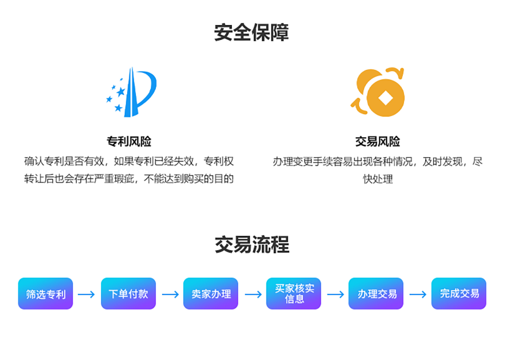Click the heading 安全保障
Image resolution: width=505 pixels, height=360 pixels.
click(252, 32)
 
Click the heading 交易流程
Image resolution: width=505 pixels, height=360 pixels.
click(252, 245)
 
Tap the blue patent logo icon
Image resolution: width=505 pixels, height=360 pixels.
click(131, 92)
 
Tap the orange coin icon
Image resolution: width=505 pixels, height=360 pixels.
click(378, 92)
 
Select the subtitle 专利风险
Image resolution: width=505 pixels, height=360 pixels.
click(129, 142)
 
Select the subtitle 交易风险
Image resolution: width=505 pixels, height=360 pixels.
click(377, 142)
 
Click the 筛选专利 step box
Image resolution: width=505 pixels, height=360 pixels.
click(46, 294)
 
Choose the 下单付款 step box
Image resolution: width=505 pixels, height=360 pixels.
click(128, 294)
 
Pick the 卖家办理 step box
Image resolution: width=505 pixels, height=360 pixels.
click(211, 294)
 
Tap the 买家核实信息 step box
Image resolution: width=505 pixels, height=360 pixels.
click(294, 294)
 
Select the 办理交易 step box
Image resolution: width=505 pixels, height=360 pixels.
click(377, 294)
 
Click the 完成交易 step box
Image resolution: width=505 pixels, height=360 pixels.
click(459, 294)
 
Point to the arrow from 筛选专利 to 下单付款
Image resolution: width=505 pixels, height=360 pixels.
click(87, 294)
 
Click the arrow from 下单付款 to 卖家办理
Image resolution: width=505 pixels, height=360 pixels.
click(170, 294)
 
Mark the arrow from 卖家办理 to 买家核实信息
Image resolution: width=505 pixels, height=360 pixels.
click(252, 294)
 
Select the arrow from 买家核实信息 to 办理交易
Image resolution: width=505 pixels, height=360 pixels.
click(335, 294)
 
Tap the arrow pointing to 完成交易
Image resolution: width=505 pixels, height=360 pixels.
click(418, 294)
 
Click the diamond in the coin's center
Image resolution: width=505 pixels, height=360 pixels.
click(386, 98)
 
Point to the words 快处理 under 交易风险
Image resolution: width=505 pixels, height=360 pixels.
click(378, 179)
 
